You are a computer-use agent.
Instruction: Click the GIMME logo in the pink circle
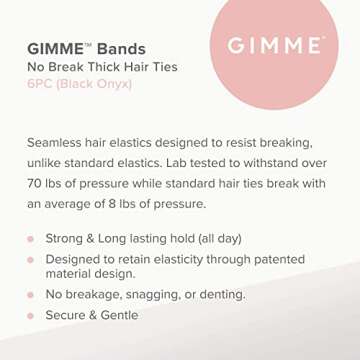275,46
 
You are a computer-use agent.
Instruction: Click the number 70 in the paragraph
37,184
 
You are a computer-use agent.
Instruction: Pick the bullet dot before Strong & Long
30,240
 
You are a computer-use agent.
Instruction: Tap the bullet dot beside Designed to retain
30,260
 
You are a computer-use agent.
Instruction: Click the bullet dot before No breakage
30,296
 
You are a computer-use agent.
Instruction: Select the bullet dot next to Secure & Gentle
30,315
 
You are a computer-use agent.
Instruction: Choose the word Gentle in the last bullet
118,315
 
